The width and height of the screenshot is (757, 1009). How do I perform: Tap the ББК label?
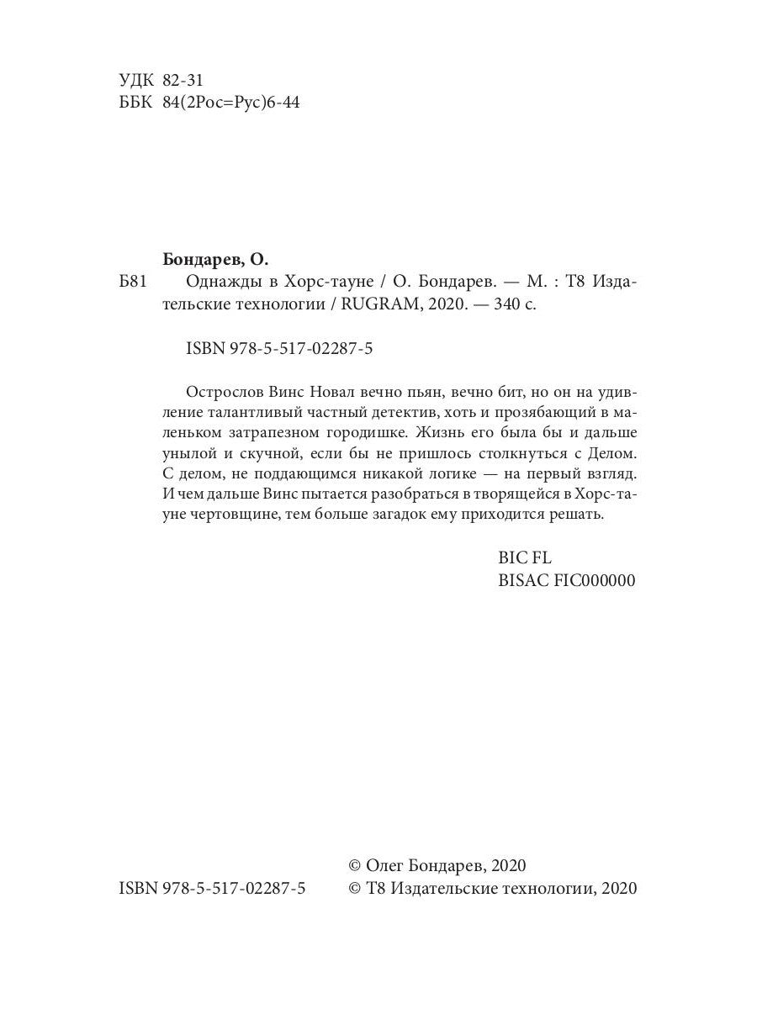coord(137,103)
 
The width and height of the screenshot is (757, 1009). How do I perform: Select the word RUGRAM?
coord(379,306)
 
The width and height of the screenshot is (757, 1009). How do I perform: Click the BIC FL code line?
coord(525,557)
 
